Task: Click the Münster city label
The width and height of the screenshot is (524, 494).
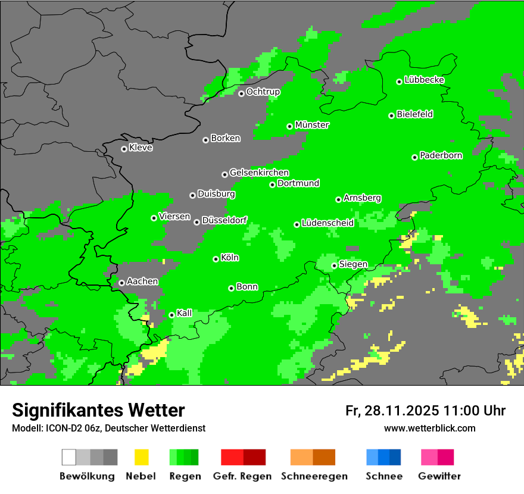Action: coord(312,125)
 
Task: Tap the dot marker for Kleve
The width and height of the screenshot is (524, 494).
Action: coord(124,149)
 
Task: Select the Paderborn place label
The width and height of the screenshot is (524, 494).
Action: coord(441,155)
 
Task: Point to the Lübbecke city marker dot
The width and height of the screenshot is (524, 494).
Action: coord(399,82)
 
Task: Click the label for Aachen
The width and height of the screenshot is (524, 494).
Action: coord(142,282)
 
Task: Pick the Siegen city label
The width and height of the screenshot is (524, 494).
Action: coord(353,264)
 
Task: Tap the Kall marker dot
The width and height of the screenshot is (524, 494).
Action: coord(171,315)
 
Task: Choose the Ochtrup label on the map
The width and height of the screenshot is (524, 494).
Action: coord(263,92)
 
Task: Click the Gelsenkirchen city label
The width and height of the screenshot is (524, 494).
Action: coord(259,173)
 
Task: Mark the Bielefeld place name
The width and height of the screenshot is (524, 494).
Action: coord(414,114)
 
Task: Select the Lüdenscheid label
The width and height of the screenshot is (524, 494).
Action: coord(327,223)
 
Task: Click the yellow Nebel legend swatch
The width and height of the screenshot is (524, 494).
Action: coord(141,457)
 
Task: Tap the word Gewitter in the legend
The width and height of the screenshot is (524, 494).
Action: coord(439,476)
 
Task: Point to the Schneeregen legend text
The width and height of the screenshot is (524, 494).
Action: coord(313,476)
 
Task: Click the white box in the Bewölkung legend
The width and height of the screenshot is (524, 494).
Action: coord(69,457)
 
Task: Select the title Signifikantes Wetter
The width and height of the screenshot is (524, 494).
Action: coord(98,410)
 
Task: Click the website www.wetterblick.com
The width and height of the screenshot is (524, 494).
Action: coord(429,428)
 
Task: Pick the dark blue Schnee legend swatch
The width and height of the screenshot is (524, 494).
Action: coord(395,457)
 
